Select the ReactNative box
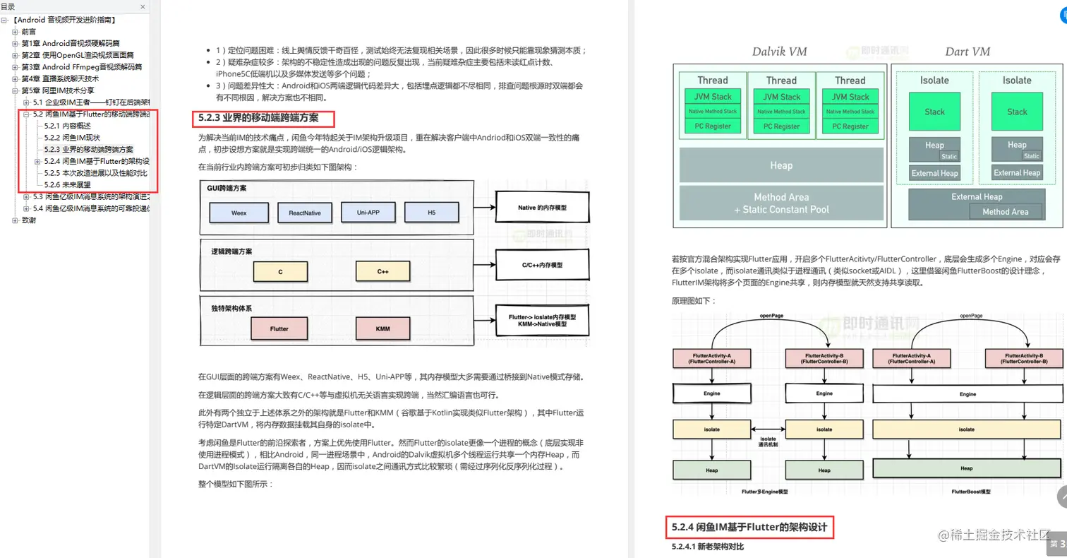pyautogui.click(x=304, y=213)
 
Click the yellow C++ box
pyautogui.click(x=382, y=271)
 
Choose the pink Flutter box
pyautogui.click(x=279, y=329)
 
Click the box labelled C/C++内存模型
pyautogui.click(x=542, y=265)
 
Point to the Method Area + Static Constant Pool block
pyautogui.click(x=781, y=203)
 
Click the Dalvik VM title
pyautogui.click(x=779, y=52)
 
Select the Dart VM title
pyautogui.click(x=967, y=52)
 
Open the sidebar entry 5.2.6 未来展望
pyautogui.click(x=67, y=185)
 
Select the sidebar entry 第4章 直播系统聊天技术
pyautogui.click(x=60, y=78)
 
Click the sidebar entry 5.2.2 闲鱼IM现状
pyautogui.click(x=72, y=138)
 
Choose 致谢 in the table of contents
pyautogui.click(x=29, y=220)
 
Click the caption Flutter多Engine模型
pyautogui.click(x=764, y=491)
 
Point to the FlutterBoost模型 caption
pyautogui.click(x=971, y=491)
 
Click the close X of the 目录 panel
pyautogui.click(x=144, y=6)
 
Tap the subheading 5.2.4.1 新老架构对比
pyautogui.click(x=708, y=547)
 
